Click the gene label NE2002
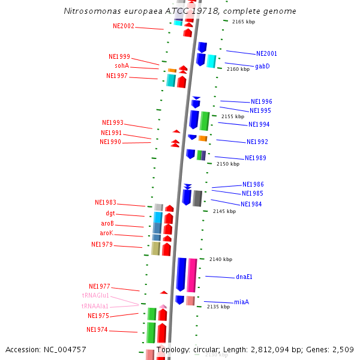click(x=124, y=26)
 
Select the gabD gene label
click(x=262, y=66)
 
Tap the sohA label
click(x=122, y=66)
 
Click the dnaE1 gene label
click(x=244, y=277)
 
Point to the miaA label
click(x=241, y=302)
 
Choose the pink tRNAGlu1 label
click(x=95, y=296)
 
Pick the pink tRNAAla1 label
click(x=95, y=306)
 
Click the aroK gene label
click(x=106, y=233)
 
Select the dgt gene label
click(x=110, y=214)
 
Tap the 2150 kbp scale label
click(x=227, y=164)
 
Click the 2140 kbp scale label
click(x=220, y=259)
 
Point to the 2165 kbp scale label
click(x=243, y=22)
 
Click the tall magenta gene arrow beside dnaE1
click(x=192, y=275)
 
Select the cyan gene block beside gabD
click(x=211, y=61)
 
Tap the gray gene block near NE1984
click(x=197, y=198)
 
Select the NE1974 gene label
click(x=97, y=330)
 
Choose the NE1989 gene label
click(x=256, y=158)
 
